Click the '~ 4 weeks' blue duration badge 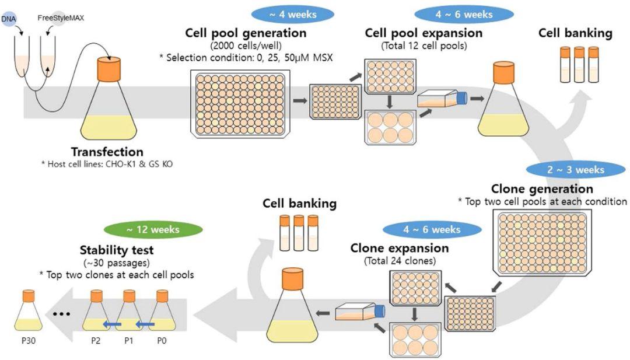pyautogui.click(x=293, y=15)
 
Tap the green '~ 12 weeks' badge pyautogui.click(x=153, y=230)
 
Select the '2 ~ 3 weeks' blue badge pyautogui.click(x=576, y=170)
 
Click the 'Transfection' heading pyautogui.click(x=107, y=152)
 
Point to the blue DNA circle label pyautogui.click(x=8, y=19)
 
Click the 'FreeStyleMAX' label pyautogui.click(x=61, y=18)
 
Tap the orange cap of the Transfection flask pyautogui.click(x=109, y=69)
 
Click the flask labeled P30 pyautogui.click(x=29, y=310)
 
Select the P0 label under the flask pyautogui.click(x=162, y=341)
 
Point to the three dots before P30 pyautogui.click(x=61, y=314)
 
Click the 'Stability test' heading pyautogui.click(x=117, y=250)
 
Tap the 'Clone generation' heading pyautogui.click(x=542, y=189)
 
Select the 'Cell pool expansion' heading pyautogui.click(x=423, y=33)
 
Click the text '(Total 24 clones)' pyautogui.click(x=400, y=261)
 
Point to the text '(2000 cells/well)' pyautogui.click(x=246, y=46)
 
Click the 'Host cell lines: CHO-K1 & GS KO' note pyautogui.click(x=107, y=164)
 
